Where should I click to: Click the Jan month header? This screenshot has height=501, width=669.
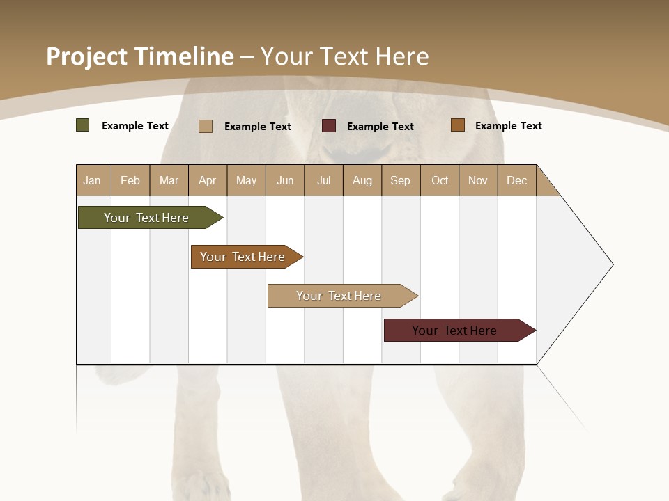click(x=93, y=180)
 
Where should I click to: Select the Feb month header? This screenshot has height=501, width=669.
click(x=130, y=180)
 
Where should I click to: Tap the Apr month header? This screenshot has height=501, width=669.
click(x=208, y=180)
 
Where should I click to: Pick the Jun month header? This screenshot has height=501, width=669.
click(x=285, y=180)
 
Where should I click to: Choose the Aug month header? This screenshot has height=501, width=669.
click(x=362, y=180)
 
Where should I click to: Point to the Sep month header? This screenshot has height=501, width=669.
click(x=401, y=180)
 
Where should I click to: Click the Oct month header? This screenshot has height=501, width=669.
click(x=440, y=180)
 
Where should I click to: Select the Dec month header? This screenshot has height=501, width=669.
click(x=517, y=180)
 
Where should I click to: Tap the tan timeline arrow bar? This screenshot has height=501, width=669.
click(x=339, y=296)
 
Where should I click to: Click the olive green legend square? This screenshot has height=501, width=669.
click(x=83, y=125)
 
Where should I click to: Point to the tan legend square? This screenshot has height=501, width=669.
click(x=206, y=126)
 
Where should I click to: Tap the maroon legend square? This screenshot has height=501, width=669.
click(x=329, y=126)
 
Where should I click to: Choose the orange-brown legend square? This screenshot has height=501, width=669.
click(x=458, y=125)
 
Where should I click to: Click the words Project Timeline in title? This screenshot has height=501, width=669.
click(x=140, y=56)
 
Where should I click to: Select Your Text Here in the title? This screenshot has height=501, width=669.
click(x=345, y=56)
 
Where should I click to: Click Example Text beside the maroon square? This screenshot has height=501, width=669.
click(x=380, y=127)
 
